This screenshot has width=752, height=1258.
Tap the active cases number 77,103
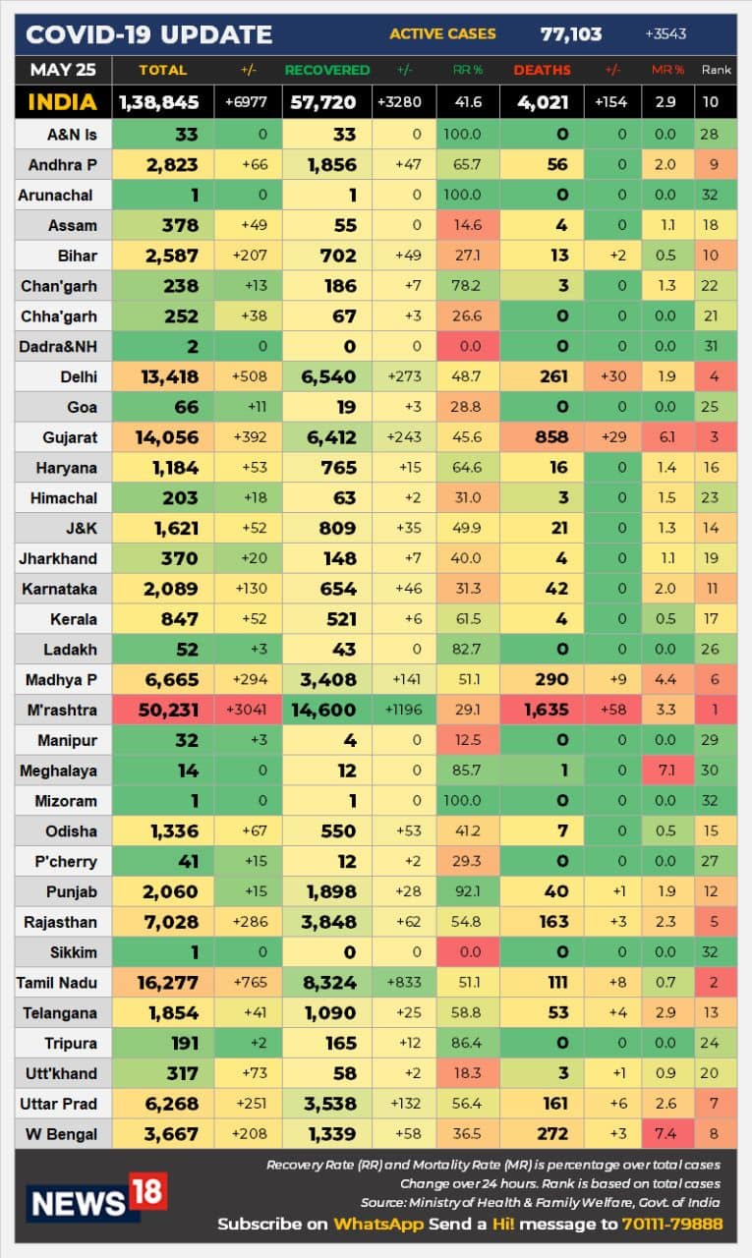(570, 34)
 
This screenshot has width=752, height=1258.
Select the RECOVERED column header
(327, 71)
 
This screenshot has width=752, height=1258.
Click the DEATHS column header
(542, 71)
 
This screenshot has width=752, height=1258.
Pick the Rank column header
(716, 71)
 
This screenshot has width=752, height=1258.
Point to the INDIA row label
(63, 102)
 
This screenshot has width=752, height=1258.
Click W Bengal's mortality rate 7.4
(665, 1134)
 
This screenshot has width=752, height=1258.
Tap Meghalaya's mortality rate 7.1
(665, 772)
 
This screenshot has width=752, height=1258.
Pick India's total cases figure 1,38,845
(158, 102)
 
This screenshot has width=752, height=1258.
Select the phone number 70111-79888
(671, 1224)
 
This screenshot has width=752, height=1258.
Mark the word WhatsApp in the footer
(377, 1224)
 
